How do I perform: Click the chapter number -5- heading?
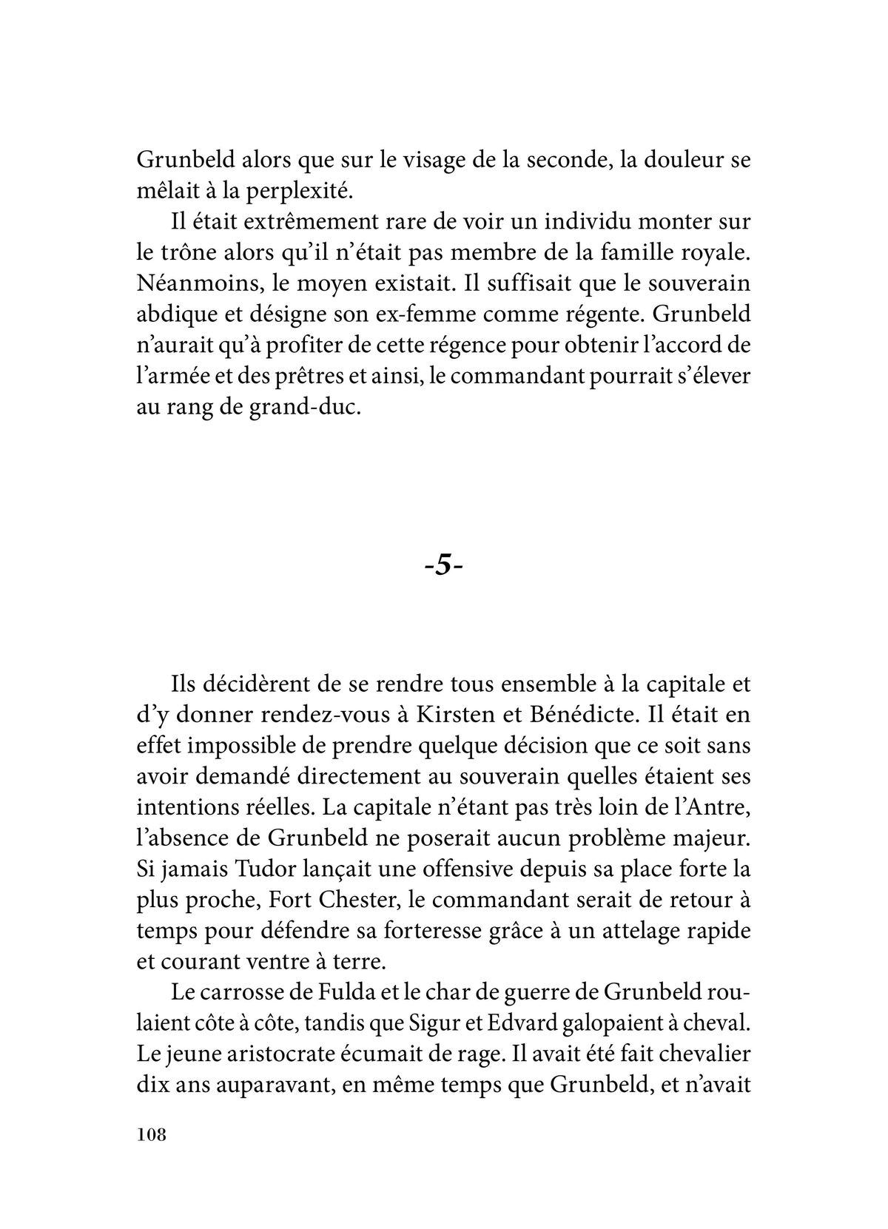[444, 566]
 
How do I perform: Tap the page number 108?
[152, 1135]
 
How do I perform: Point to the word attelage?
[649, 929]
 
